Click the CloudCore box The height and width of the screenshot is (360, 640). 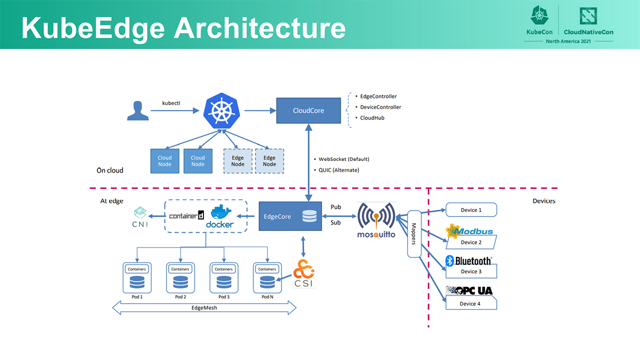pos(308,110)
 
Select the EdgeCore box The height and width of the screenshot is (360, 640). pos(290,216)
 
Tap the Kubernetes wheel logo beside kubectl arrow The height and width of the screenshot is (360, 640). pos(221,111)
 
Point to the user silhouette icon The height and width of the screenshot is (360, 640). pos(137,110)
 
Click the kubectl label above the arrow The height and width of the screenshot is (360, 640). pos(171,103)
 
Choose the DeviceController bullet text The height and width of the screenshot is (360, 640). pos(380,107)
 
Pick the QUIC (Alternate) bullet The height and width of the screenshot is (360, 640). pos(339,170)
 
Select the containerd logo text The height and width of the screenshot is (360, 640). pos(186,215)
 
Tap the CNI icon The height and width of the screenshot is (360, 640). pos(140,217)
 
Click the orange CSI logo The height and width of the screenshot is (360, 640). pos(303,273)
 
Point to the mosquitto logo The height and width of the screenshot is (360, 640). pos(376,220)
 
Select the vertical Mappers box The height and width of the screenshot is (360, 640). pos(414,234)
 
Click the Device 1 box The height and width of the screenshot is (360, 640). pos(471,210)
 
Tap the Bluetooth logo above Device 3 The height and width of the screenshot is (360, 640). pos(468,261)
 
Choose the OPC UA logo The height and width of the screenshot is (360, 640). pos(469,290)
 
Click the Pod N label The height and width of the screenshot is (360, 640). pos(267,297)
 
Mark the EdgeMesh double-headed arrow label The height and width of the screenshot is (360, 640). pos(204,307)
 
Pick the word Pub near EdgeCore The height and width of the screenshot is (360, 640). pos(336,207)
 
